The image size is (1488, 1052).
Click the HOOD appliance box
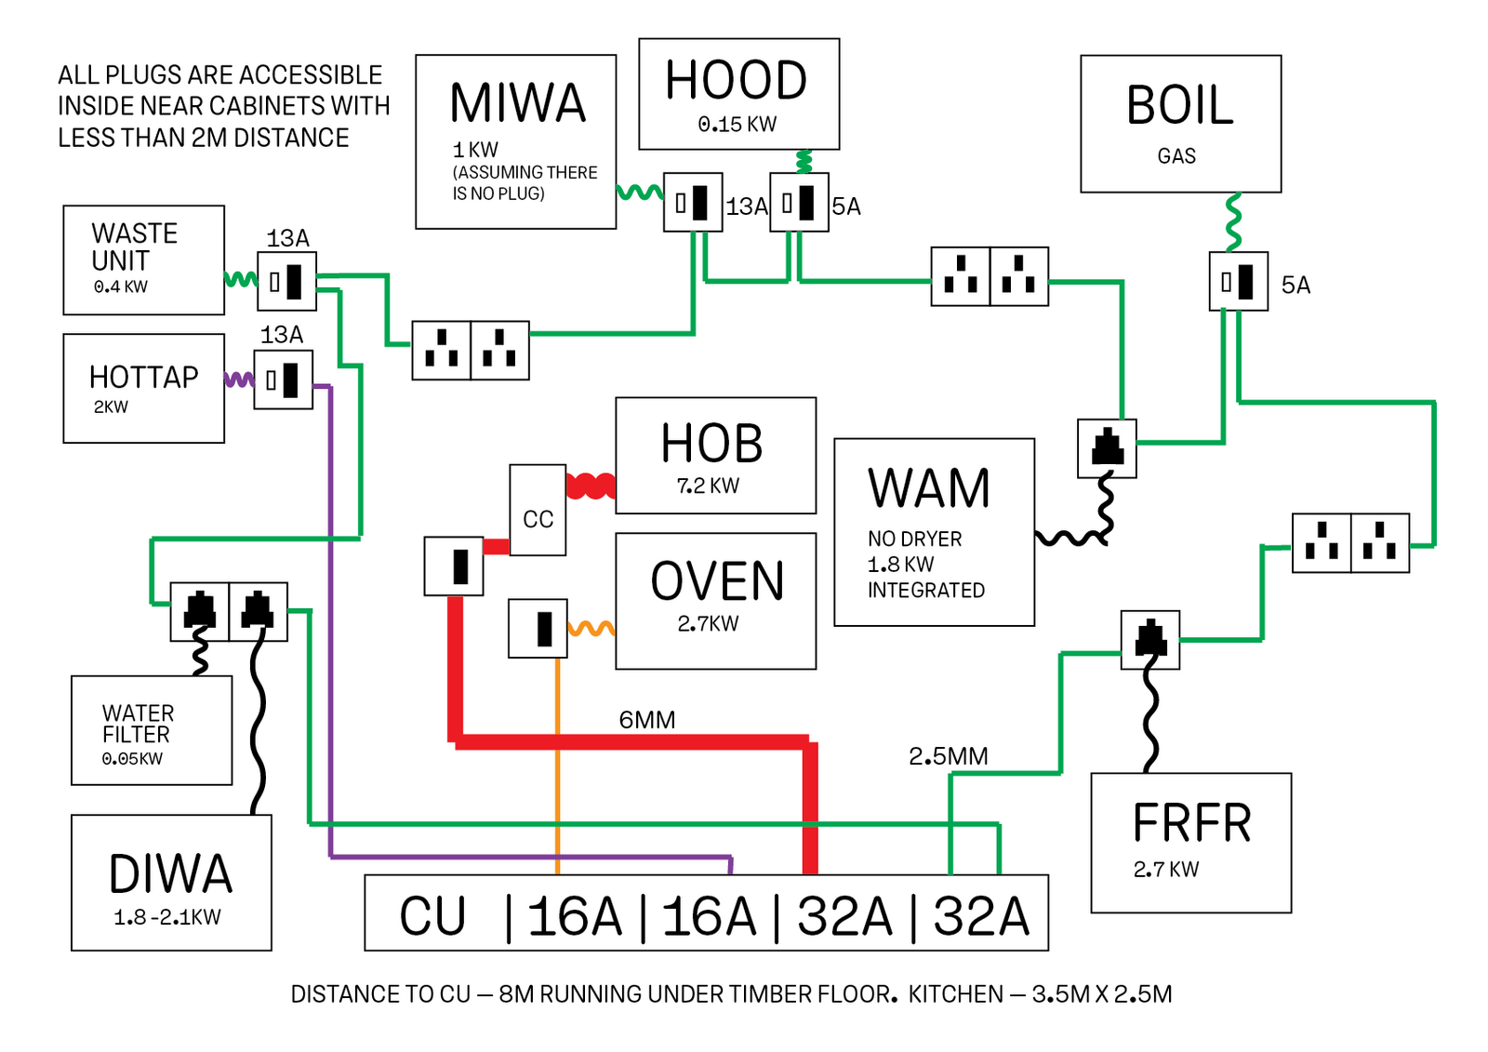[738, 94]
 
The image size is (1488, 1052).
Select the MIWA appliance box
[515, 141]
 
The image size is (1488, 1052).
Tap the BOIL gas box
[1180, 124]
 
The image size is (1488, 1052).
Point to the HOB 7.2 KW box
[715, 456]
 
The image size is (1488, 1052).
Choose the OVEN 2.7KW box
[715, 601]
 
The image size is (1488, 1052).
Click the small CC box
[538, 510]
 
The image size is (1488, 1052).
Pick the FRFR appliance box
[1190, 843]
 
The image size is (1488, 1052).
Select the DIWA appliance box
[171, 883]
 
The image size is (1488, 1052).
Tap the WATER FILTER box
[152, 730]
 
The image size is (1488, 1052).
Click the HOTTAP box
[143, 388]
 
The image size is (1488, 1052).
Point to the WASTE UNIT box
[143, 260]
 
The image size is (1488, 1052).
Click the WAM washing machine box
[934, 532]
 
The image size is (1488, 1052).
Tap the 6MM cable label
[647, 720]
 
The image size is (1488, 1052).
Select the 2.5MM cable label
[948, 756]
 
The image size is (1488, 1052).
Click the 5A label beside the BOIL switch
[1295, 286]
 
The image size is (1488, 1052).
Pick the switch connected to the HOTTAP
[284, 380]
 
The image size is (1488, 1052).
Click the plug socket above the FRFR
[1150, 640]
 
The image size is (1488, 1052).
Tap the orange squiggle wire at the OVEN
[591, 629]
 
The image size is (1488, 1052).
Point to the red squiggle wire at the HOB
[591, 486]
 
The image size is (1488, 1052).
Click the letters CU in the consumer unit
[432, 916]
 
